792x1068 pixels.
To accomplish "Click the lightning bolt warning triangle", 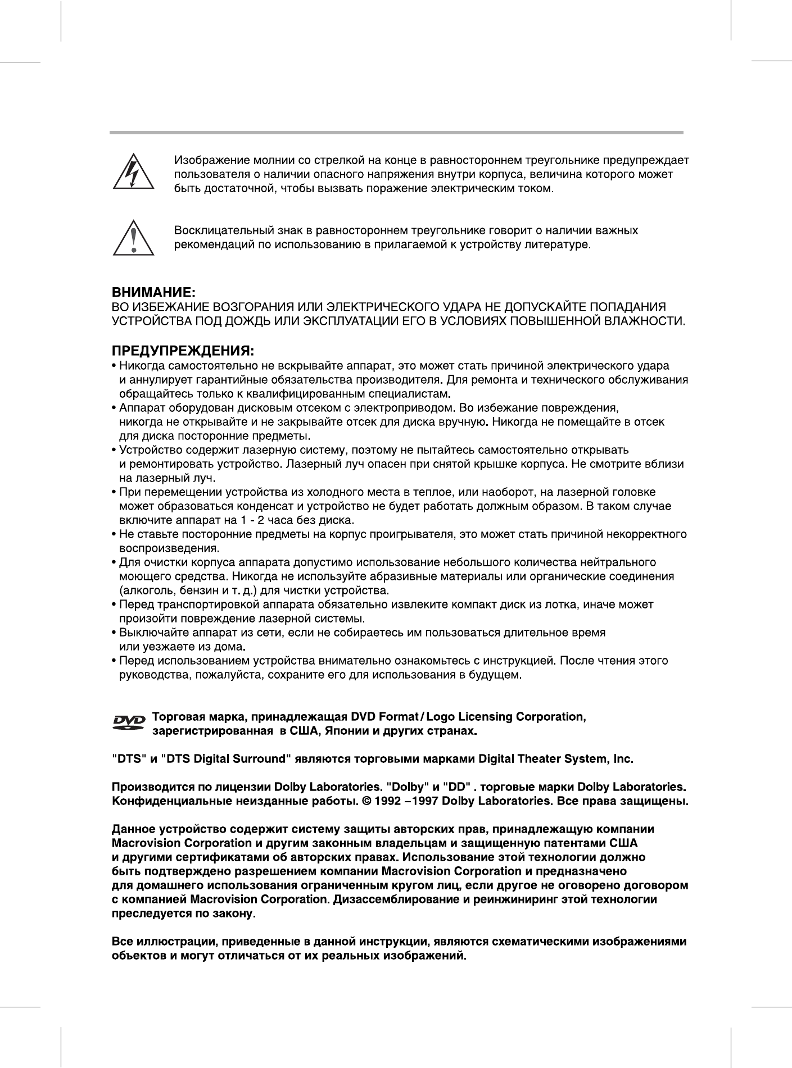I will (133, 172).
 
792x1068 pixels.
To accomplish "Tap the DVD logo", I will (129, 722).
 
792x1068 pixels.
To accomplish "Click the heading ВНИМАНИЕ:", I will (153, 293).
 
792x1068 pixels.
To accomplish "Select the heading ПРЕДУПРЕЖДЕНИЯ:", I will (183, 352).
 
